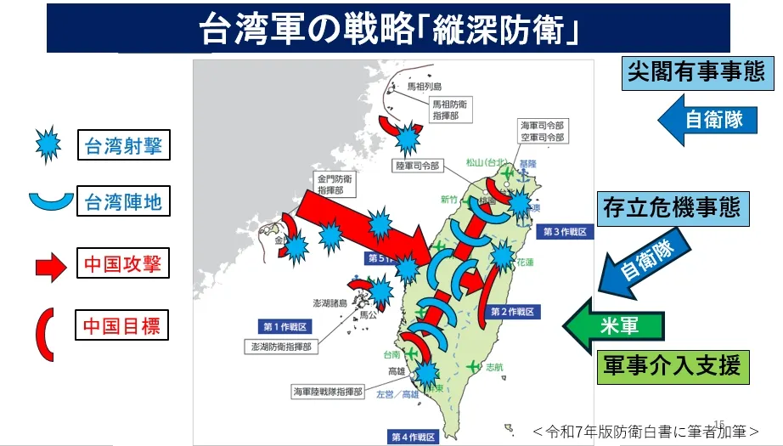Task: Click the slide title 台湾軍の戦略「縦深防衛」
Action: point(390,29)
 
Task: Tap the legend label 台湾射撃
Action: point(123,146)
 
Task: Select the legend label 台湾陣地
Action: point(123,202)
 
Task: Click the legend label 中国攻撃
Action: point(121,264)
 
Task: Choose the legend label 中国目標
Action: point(121,325)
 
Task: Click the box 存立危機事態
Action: point(672,207)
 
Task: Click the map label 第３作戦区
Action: point(564,232)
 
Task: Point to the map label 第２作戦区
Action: point(511,312)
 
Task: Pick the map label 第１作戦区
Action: point(284,326)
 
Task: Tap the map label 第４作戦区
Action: point(413,437)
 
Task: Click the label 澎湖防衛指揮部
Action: point(281,347)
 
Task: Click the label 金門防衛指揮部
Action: point(335,184)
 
